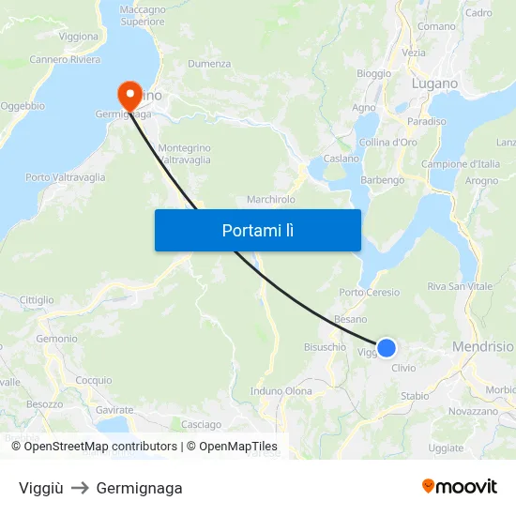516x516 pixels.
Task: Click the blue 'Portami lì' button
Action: (x=257, y=230)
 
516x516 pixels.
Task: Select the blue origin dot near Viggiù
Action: (x=386, y=348)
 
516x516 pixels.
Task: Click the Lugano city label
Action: (x=434, y=83)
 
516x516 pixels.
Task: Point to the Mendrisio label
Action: (x=482, y=346)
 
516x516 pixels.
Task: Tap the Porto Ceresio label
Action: (x=369, y=293)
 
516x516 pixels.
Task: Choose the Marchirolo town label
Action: (x=271, y=199)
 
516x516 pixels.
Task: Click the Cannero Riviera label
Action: (x=65, y=60)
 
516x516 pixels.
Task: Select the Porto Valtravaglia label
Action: (x=66, y=177)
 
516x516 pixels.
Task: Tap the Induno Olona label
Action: (x=281, y=390)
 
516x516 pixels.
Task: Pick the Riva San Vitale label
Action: (x=460, y=286)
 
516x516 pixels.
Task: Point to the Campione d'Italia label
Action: (x=460, y=164)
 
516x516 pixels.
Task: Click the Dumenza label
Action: (x=209, y=64)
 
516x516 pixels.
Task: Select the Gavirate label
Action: (x=114, y=410)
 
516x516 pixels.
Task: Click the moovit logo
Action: (x=459, y=486)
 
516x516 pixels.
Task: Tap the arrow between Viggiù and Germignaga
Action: (x=80, y=488)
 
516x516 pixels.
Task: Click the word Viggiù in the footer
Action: (x=41, y=488)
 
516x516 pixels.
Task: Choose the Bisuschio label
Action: (x=325, y=347)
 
